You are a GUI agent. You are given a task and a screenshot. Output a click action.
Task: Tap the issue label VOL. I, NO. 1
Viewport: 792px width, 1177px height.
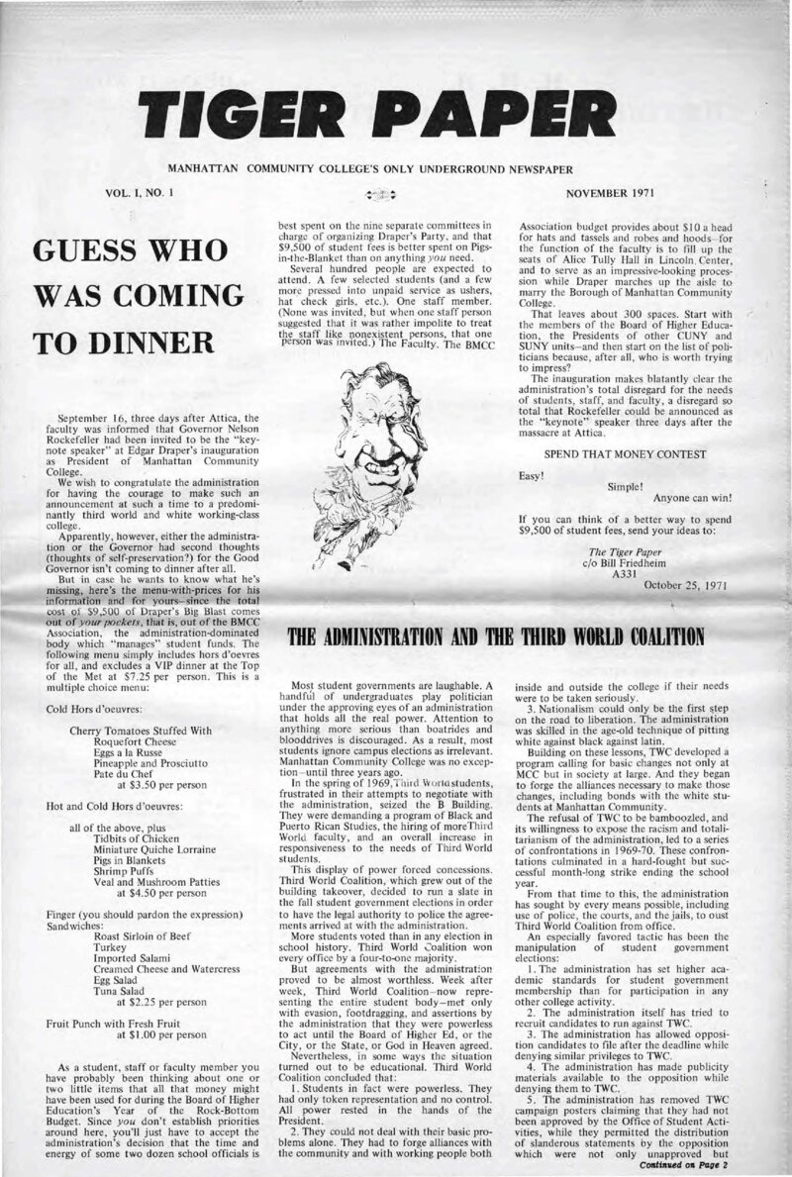click(x=145, y=188)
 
